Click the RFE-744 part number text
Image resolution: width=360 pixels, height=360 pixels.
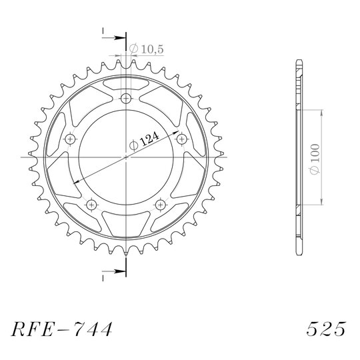(62, 329)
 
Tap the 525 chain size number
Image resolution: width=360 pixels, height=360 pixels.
(326, 329)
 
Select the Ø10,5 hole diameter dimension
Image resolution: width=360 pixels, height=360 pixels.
(146, 49)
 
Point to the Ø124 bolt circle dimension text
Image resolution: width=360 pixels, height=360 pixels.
(144, 141)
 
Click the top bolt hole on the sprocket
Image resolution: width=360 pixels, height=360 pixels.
(126, 99)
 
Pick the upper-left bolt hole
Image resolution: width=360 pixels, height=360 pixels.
(70, 139)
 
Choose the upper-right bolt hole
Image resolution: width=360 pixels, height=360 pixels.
(182, 139)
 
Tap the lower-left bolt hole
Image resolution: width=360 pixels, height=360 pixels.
(91, 205)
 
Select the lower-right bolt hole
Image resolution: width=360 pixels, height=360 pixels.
(160, 205)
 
